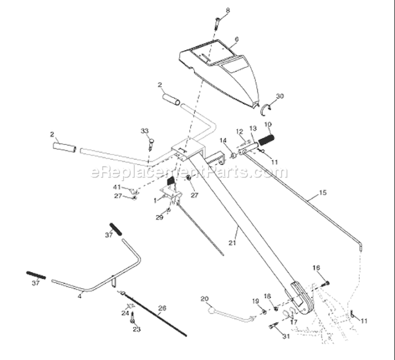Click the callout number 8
pos(228,11)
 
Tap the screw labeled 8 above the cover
pos(217,23)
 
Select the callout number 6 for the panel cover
pos(236,40)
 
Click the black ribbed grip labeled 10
pos(266,140)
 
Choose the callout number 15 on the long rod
pos(323,192)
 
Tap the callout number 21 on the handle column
pos(232,243)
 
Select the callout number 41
pos(116,187)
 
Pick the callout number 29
pos(159,217)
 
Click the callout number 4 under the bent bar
pos(80,296)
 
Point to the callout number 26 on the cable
pos(163,308)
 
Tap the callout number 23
pos(137,329)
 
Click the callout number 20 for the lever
pos(204,299)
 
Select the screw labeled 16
pos(325,284)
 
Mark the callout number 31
pos(286,336)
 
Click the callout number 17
pos(294,322)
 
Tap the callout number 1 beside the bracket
pos(155,200)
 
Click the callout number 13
pos(253,128)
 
